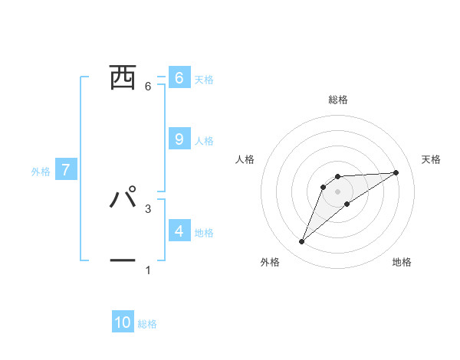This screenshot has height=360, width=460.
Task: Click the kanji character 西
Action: pyautogui.click(x=123, y=77)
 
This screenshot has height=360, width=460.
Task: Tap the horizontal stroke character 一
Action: pyautogui.click(x=123, y=260)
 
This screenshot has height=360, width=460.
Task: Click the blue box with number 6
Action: pyautogui.click(x=179, y=77)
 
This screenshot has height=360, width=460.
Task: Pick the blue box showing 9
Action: pyautogui.click(x=179, y=139)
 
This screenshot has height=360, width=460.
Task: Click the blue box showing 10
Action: pyautogui.click(x=123, y=322)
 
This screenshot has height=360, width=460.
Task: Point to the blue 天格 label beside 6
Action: pyautogui.click(x=204, y=79)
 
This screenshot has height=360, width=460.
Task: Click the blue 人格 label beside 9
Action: pyautogui.click(x=204, y=140)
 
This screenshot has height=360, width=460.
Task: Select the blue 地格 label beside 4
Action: pyautogui.click(x=204, y=232)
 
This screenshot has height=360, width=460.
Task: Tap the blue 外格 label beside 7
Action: pyautogui.click(x=41, y=172)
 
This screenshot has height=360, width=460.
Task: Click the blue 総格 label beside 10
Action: pyautogui.click(x=147, y=324)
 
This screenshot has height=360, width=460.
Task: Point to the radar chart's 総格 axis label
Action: pyautogui.click(x=338, y=100)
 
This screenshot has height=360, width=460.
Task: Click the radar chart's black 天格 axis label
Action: pyautogui.click(x=432, y=159)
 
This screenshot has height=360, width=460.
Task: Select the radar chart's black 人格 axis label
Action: pyautogui.click(x=245, y=159)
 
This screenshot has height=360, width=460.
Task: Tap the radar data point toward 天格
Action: pyautogui.click(x=396, y=172)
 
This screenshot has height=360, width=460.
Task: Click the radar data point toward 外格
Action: pyautogui.click(x=302, y=242)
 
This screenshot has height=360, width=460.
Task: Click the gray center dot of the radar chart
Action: pyautogui.click(x=338, y=191)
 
